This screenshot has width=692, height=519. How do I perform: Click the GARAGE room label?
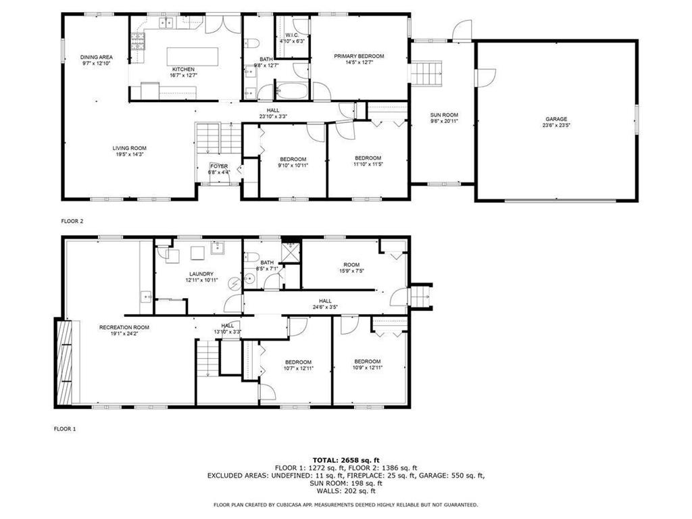pyautogui.click(x=556, y=119)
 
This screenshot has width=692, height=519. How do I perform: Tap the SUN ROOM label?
pyautogui.click(x=444, y=115)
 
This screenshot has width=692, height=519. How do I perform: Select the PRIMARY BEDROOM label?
pyautogui.click(x=359, y=56)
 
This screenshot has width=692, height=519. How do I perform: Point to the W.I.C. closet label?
pyautogui.click(x=292, y=34)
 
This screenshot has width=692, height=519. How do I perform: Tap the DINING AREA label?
pyautogui.click(x=96, y=57)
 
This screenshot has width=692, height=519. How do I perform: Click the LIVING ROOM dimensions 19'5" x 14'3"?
pyautogui.click(x=129, y=155)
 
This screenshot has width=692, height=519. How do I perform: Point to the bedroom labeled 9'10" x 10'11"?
pyautogui.click(x=294, y=159)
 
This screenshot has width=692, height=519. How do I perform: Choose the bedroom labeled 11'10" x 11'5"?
pyautogui.click(x=368, y=158)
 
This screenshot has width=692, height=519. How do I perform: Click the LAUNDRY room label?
pyautogui.click(x=201, y=274)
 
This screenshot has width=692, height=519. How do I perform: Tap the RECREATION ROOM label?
pyautogui.click(x=124, y=327)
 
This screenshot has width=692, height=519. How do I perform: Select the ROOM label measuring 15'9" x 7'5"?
pyautogui.click(x=351, y=265)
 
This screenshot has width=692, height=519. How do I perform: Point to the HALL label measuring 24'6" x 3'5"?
pyautogui.click(x=325, y=301)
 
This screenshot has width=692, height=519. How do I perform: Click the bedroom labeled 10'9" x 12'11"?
pyautogui.click(x=367, y=361)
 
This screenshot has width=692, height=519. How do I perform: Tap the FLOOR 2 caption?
pyautogui.click(x=72, y=221)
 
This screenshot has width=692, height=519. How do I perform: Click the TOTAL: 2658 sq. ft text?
pyautogui.click(x=345, y=460)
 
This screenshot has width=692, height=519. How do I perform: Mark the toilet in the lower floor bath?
pyautogui.click(x=250, y=257)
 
